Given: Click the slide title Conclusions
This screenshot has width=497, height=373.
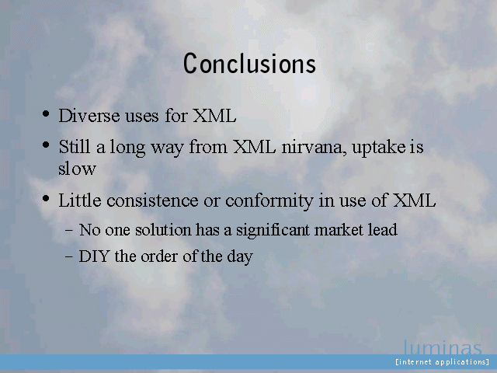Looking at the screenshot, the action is pyautogui.click(x=249, y=64).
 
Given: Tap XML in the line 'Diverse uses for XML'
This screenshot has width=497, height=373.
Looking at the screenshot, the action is pyautogui.click(x=214, y=116).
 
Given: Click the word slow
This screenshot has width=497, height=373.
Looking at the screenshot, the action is pyautogui.click(x=77, y=168).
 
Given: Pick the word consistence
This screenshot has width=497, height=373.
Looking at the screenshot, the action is pyautogui.click(x=152, y=200).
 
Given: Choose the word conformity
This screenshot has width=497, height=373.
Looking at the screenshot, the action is pyautogui.click(x=269, y=201).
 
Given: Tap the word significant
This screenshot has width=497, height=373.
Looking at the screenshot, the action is pyautogui.click(x=273, y=230).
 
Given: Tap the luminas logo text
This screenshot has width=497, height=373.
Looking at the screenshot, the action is pyautogui.click(x=443, y=347).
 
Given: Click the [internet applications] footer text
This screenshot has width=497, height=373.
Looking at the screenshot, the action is pyautogui.click(x=442, y=362).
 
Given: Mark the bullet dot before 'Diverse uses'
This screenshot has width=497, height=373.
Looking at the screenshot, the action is pyautogui.click(x=46, y=113).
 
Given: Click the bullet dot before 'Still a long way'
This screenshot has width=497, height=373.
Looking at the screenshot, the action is pyautogui.click(x=46, y=145).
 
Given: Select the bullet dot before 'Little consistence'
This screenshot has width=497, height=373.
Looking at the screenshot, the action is pyautogui.click(x=46, y=199).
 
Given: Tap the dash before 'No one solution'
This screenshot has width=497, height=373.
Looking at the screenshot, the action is pyautogui.click(x=69, y=230).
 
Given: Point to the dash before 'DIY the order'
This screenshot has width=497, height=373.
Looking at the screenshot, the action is pyautogui.click(x=69, y=256).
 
